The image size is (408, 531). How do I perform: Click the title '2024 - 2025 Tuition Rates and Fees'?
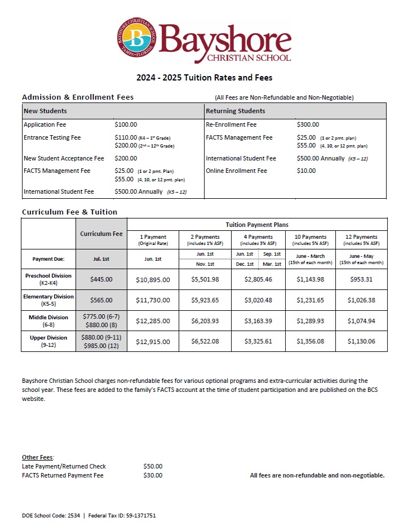204,78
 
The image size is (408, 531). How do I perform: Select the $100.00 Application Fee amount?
126,124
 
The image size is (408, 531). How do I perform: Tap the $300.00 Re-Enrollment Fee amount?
308,124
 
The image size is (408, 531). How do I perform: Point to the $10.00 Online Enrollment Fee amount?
306,171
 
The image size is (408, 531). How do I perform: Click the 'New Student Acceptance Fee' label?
64,158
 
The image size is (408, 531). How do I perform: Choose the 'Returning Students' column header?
236,111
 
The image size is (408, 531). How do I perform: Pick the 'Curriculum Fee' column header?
101,234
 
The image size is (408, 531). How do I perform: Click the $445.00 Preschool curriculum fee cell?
101,279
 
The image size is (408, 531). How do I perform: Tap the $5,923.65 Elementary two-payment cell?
206,300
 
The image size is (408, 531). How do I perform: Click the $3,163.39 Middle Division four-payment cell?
258,321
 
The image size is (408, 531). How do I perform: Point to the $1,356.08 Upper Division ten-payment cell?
311,341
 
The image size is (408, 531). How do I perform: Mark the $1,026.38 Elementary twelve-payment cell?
361,300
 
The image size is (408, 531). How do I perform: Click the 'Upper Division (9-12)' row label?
48,341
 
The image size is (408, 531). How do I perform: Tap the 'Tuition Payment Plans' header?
257,224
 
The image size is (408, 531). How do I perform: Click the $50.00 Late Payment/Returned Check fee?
153,466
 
